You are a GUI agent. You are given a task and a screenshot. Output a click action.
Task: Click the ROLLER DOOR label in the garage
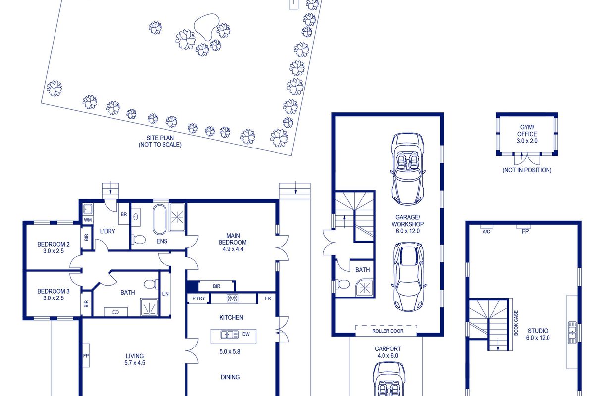(x=388, y=331)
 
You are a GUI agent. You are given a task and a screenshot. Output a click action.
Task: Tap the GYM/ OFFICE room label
(x=527, y=130)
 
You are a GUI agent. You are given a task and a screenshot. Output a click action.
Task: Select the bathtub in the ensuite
(x=160, y=220)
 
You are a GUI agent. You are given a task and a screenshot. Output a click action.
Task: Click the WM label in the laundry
(x=88, y=220)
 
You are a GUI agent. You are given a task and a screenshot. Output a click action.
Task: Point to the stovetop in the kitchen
(x=232, y=298)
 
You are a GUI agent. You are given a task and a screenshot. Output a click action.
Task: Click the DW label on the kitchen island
(x=246, y=334)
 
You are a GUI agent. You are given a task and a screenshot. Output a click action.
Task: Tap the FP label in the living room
(x=86, y=356)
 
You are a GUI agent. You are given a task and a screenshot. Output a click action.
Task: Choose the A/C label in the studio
(x=486, y=232)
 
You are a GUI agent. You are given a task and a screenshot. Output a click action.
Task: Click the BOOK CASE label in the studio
(x=516, y=323)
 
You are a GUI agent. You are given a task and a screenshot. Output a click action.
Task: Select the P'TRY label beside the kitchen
(x=199, y=298)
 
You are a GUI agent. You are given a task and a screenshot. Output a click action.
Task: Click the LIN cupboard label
(x=165, y=294)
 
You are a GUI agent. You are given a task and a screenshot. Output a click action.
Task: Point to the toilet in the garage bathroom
(x=343, y=284)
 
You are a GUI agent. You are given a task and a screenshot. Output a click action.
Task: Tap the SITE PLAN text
(x=160, y=138)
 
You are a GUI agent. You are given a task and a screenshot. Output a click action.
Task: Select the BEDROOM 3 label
(x=54, y=291)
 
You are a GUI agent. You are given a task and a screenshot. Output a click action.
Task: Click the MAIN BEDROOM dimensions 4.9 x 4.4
(x=233, y=249)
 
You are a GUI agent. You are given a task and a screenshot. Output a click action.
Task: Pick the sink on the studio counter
(x=572, y=333)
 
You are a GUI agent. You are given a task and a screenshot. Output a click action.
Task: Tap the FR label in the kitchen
(x=268, y=298)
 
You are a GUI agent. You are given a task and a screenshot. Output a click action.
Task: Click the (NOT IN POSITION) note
(x=527, y=170)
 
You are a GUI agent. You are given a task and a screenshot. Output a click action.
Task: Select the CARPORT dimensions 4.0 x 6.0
(x=388, y=355)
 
